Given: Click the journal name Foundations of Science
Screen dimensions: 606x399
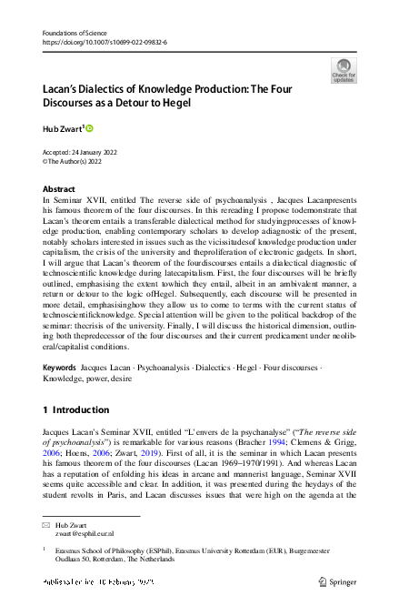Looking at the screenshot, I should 74,32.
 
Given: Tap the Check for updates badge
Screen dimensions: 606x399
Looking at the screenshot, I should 344,70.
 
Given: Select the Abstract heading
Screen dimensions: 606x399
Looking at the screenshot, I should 59,189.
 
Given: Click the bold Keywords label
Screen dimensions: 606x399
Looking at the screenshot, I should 59,369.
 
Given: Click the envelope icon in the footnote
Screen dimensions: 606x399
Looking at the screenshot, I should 46,527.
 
